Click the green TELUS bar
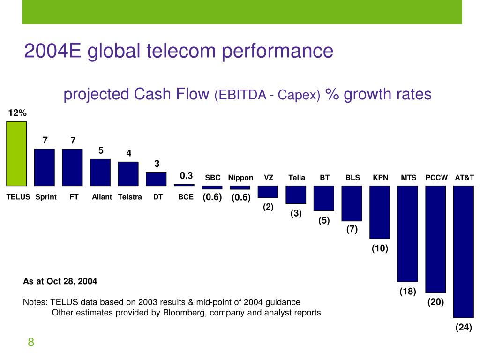tap(16, 153)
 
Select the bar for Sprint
tap(45, 167)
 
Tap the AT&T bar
tap(464, 251)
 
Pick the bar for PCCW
tap(435, 239)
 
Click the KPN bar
tap(380, 212)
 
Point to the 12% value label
tap(17, 113)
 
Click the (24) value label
tap(464, 328)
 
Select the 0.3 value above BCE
tap(187, 176)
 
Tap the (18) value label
tap(408, 292)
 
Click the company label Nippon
tap(240, 178)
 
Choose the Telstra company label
tap(130, 197)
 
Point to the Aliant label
tap(102, 197)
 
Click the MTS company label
tap(409, 178)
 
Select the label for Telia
tap(297, 178)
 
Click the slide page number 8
tap(31, 343)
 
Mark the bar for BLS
tap(352, 203)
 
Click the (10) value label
tap(380, 248)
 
